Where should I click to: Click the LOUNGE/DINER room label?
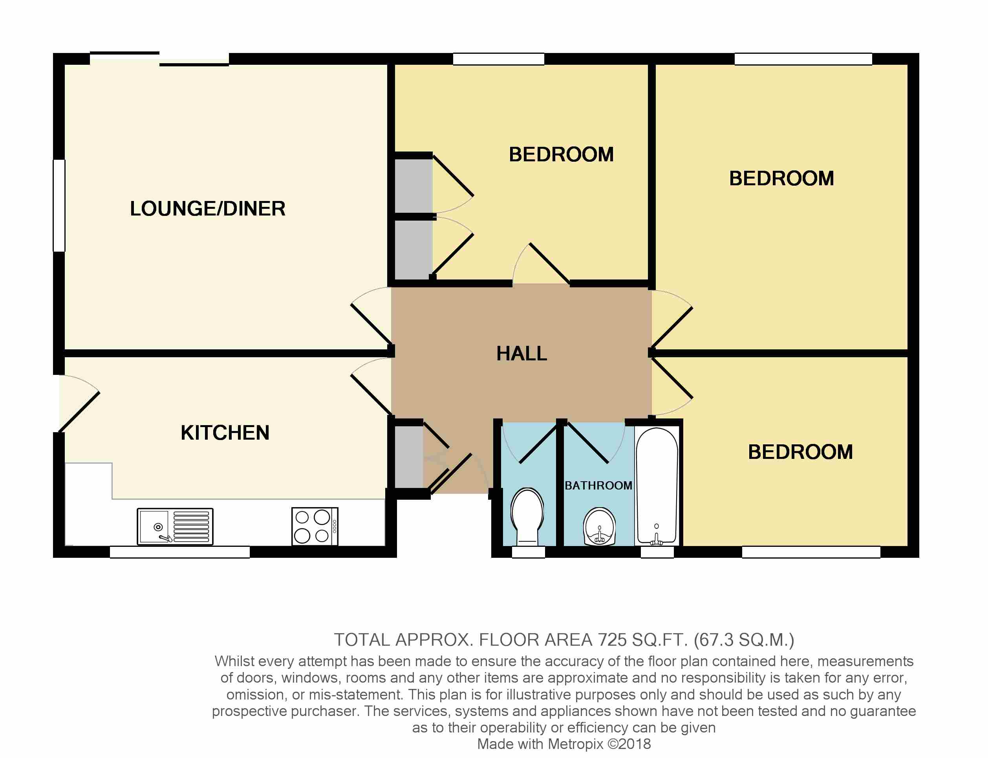[x=208, y=208]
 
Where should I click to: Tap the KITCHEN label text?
[x=225, y=433]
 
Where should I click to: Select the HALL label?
[x=522, y=353]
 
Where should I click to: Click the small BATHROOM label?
[x=598, y=486]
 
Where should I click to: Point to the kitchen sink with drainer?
[x=175, y=526]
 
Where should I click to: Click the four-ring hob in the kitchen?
[x=315, y=526]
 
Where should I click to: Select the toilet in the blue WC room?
[x=527, y=516]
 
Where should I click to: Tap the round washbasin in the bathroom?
[x=599, y=526]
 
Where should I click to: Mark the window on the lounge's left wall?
[x=59, y=205]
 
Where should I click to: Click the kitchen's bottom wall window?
[x=179, y=552]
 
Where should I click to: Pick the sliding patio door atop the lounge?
[x=159, y=59]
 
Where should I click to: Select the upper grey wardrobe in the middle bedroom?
[x=413, y=185]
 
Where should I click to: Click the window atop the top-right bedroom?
[x=803, y=59]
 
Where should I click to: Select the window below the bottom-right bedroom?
[x=811, y=552]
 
